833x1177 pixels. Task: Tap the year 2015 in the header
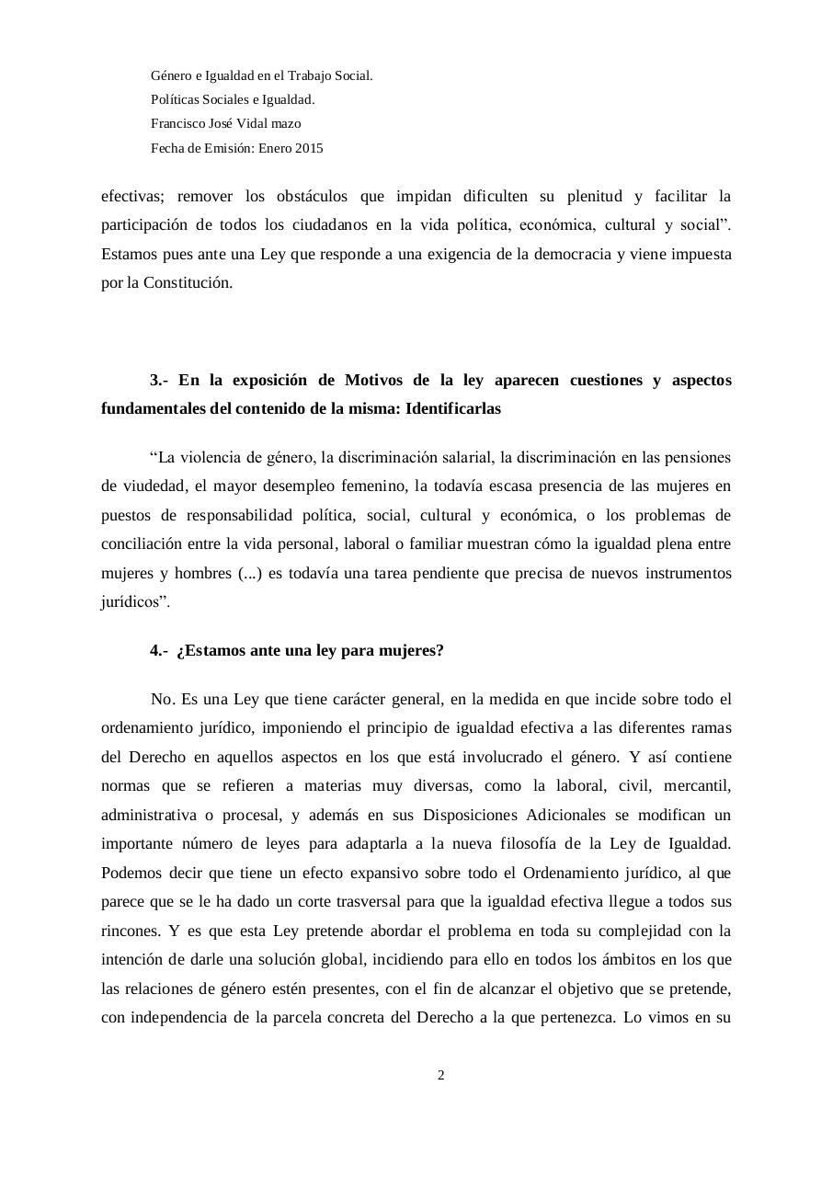click(x=309, y=148)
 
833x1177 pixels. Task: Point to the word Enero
click(x=275, y=148)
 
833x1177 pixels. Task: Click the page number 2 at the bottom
click(x=441, y=1075)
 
